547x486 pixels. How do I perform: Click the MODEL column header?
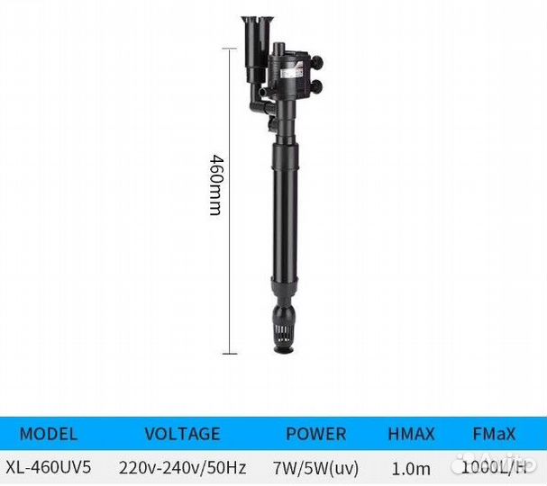pos(49,434)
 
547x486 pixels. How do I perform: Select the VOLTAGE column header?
pos(182,434)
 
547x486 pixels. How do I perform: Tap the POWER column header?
pos(316,434)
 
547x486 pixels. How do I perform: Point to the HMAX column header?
pos(411,434)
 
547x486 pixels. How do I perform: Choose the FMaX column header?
pos(494,434)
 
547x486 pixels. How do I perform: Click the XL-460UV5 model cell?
pos(49,467)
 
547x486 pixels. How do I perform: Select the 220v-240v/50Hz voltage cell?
pos(182,467)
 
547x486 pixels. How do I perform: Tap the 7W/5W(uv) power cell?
pos(315,468)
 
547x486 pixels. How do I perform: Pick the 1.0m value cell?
pos(411,468)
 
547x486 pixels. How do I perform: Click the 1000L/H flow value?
pos(494,467)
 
